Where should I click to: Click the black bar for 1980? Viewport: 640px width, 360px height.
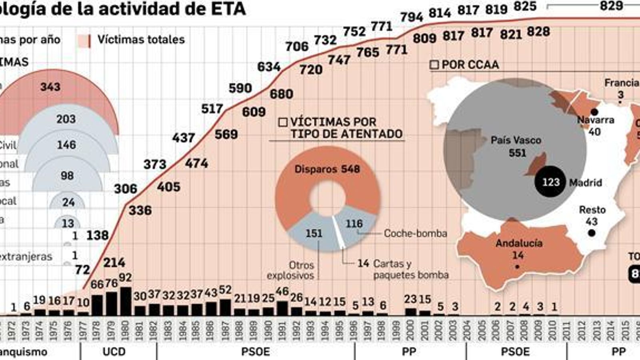[x=125, y=301]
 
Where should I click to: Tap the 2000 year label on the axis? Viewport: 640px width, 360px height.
[x=410, y=330]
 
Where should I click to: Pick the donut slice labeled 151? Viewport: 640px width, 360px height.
[x=314, y=234]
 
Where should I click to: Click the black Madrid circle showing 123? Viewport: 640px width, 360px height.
[x=550, y=182]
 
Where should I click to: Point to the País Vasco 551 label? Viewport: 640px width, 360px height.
[x=516, y=146]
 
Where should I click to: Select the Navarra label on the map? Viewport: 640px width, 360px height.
[x=595, y=120]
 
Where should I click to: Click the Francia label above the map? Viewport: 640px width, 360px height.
[x=621, y=83]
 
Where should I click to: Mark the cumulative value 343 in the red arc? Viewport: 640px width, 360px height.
[x=50, y=87]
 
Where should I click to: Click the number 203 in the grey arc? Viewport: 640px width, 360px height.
[x=66, y=119]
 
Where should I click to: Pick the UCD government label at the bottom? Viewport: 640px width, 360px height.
[x=114, y=352]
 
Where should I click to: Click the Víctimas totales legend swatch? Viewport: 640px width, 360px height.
[x=84, y=40]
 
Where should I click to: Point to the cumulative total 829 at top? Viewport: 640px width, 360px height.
[x=611, y=6]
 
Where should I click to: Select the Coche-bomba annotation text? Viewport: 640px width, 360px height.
[x=415, y=234]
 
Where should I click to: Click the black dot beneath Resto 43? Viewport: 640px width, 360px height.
[x=592, y=233]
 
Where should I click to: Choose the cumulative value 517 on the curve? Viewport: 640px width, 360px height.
[x=212, y=109]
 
